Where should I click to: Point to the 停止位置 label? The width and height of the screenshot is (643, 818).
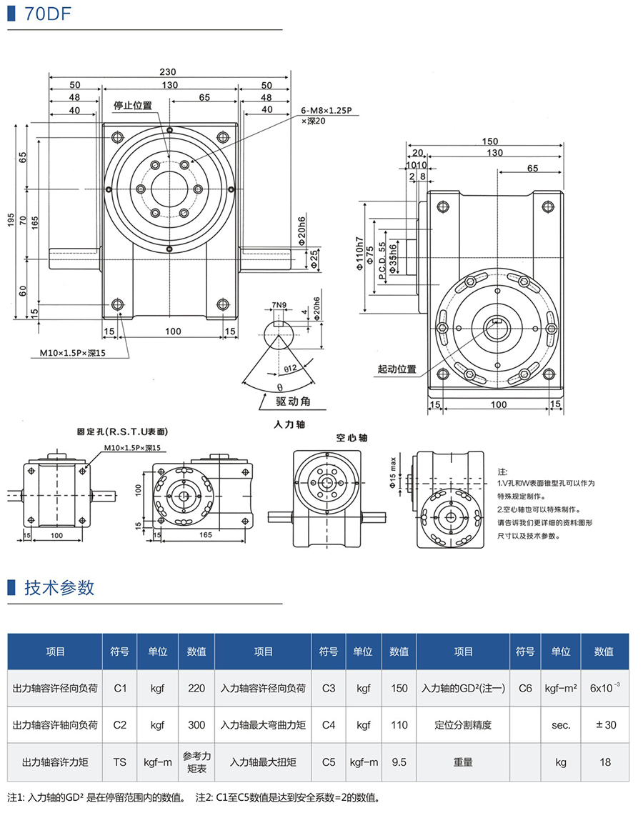coord(133,105)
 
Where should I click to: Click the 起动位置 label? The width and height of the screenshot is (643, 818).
coord(397,369)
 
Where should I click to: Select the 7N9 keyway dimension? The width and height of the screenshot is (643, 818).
coord(281,307)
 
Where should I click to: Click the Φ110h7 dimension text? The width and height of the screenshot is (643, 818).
coord(359,255)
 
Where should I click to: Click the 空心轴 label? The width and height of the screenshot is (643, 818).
coord(351,438)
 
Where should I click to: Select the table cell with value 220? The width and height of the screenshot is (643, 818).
coord(196,688)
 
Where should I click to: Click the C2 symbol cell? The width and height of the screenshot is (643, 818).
coord(120,724)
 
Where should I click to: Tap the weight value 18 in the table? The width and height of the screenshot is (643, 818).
coord(605,762)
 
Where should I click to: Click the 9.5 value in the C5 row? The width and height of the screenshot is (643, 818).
coord(399,762)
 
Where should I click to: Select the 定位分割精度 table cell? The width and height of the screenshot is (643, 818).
coord(463,724)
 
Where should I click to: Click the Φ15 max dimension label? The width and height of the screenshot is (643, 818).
coord(393,473)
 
